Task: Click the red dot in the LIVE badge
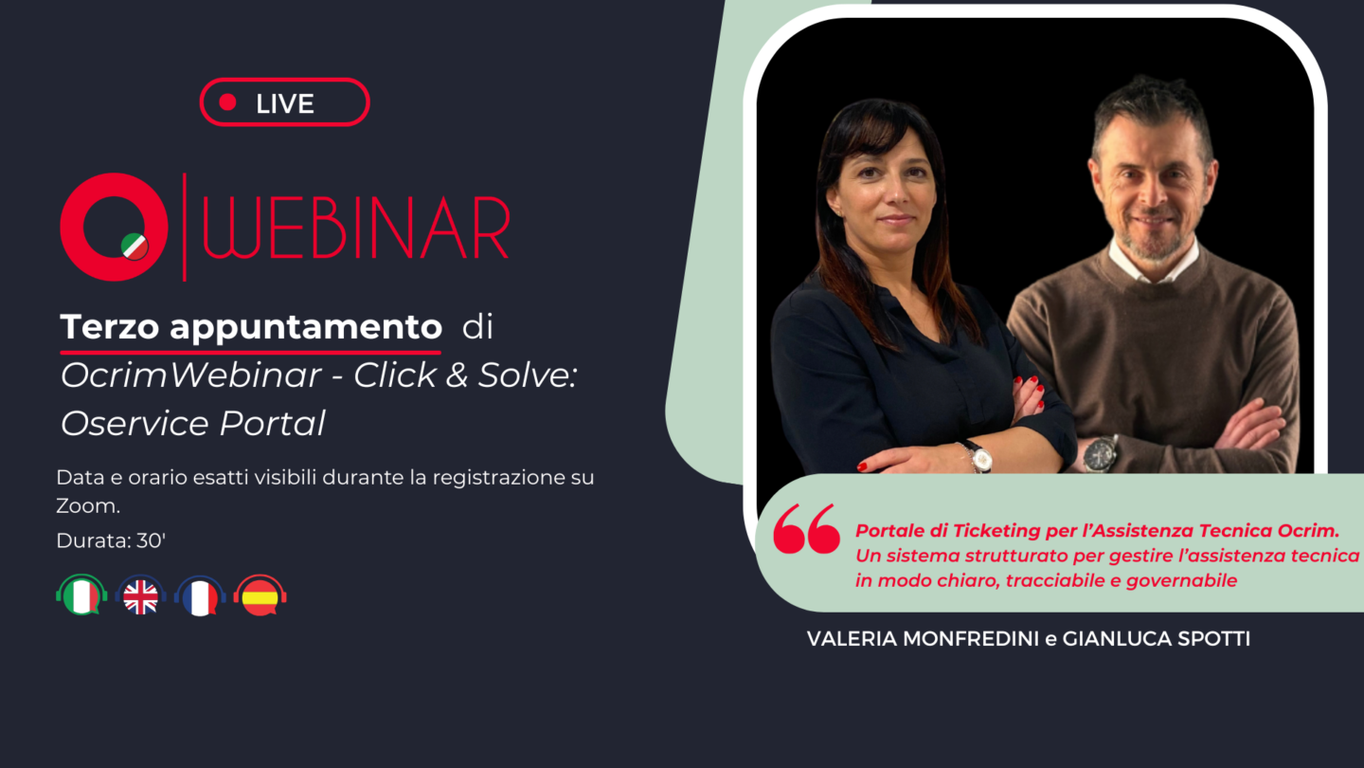[x=227, y=102]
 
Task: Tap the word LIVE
[x=285, y=103]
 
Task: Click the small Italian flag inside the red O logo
[x=134, y=247]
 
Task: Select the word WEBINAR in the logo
[x=355, y=228]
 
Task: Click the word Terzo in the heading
[x=110, y=327]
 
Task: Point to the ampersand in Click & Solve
[x=458, y=375]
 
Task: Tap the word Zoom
[x=88, y=506]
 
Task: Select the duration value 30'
[x=151, y=540]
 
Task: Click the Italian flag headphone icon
[x=81, y=594]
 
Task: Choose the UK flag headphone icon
[x=140, y=594]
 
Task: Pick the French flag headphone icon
[x=201, y=595]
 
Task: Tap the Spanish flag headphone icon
[x=260, y=595]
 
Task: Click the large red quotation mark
[x=806, y=528]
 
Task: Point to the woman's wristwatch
[x=979, y=457]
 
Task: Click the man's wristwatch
[x=1101, y=454]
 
